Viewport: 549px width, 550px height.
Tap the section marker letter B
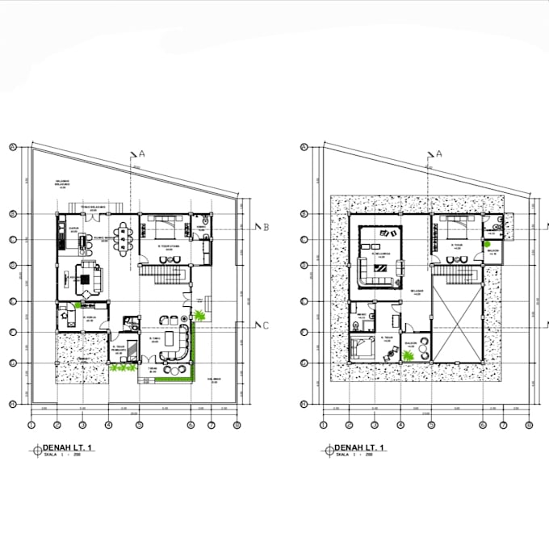pos(266,227)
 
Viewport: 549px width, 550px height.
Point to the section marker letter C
pos(265,325)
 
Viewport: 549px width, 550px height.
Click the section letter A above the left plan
pos(142,153)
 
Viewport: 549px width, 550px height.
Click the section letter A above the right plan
pos(439,153)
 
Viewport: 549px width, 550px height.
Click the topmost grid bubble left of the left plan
pos(13,147)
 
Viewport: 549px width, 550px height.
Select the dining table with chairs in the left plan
pos(123,238)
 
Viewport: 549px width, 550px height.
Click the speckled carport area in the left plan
pos(82,359)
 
